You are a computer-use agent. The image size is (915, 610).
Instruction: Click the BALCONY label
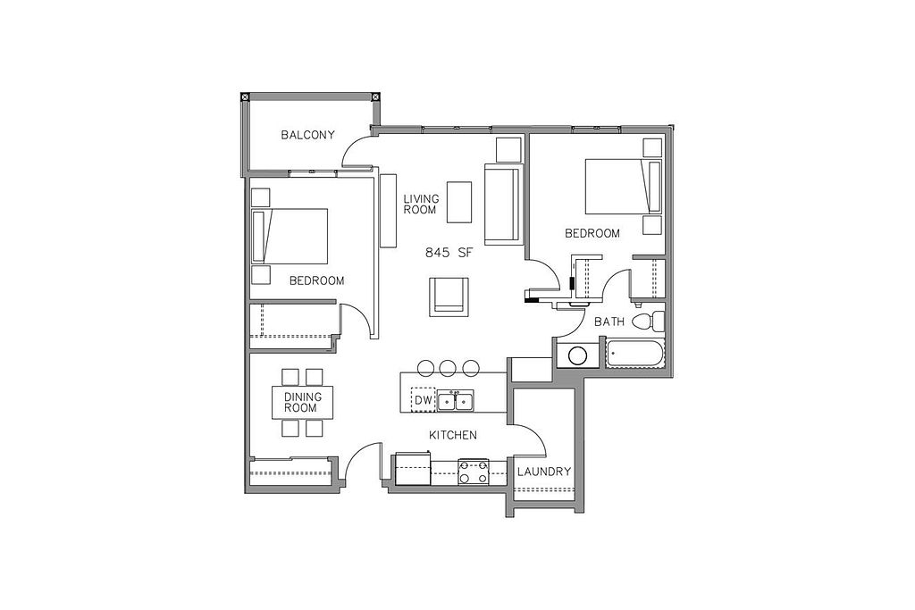[307, 135]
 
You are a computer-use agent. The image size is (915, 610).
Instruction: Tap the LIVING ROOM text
[421, 205]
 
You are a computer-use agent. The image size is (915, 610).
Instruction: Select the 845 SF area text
[448, 253]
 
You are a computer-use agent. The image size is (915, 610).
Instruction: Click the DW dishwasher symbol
[424, 400]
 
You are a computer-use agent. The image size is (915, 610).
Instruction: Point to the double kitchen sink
[457, 401]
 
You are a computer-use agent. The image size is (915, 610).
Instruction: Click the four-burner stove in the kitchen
[474, 472]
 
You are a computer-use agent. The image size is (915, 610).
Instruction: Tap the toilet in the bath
[649, 322]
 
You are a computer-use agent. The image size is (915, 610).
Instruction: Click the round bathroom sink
[578, 355]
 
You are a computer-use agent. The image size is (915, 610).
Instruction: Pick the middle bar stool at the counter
[448, 367]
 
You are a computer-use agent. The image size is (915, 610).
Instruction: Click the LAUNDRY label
[544, 472]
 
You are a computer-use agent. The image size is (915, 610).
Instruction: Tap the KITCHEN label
[453, 435]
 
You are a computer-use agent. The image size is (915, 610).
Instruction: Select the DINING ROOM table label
[303, 403]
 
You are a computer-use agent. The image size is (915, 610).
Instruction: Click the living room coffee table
[460, 203]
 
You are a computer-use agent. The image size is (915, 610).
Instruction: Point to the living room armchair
[449, 297]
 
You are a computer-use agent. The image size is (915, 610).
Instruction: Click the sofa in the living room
[502, 205]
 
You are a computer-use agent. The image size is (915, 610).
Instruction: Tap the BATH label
[609, 322]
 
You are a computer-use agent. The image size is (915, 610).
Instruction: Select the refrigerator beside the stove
[413, 468]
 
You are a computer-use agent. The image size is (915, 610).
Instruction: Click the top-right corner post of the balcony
[376, 96]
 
